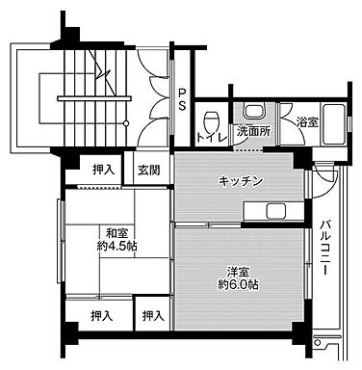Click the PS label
(x=181, y=99)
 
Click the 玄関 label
(x=148, y=171)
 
